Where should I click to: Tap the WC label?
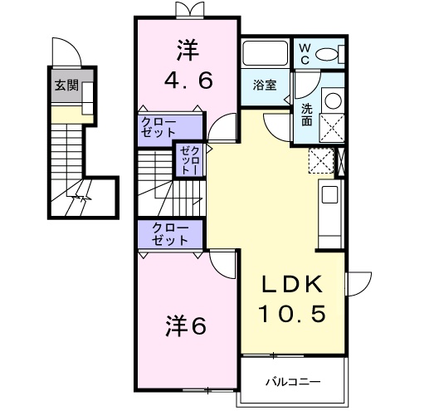305,55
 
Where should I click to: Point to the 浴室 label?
266,86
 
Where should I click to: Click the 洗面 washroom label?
306,114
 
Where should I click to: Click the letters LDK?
290,284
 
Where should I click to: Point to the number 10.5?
290,314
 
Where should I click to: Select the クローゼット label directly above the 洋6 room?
169,233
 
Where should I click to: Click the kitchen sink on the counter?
329,196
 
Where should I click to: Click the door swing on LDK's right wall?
358,286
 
